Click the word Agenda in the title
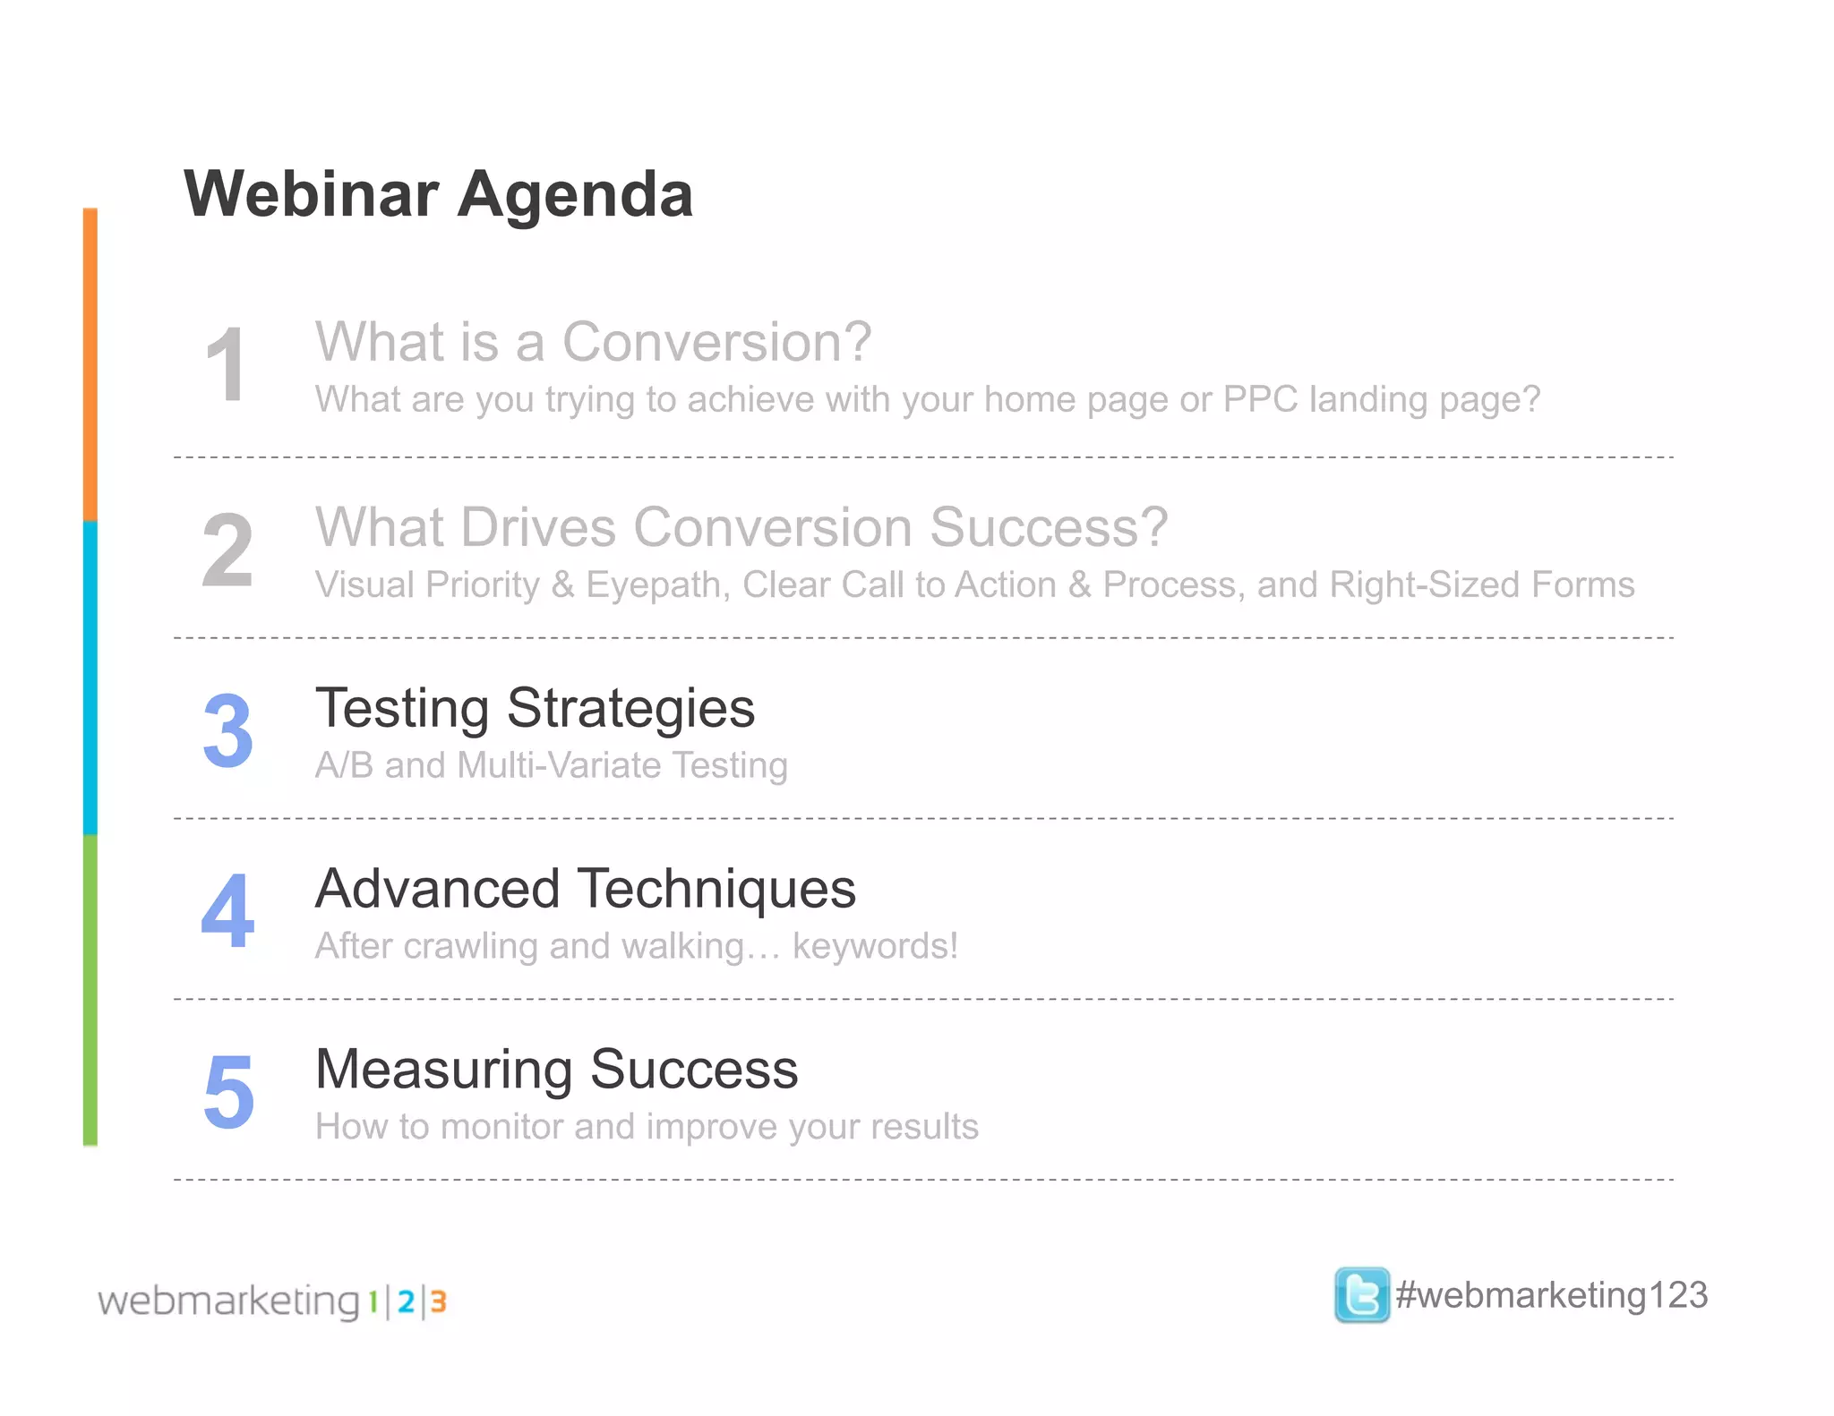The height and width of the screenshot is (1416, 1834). pos(575,194)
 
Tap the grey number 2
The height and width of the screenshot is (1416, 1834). pos(227,550)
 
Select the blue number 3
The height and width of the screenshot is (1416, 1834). pos(227,731)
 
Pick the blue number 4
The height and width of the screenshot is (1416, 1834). pos(227,912)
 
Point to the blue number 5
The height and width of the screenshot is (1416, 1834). pos(228,1092)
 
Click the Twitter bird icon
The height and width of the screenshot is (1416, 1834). pos(1361,1294)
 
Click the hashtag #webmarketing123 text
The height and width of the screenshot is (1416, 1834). pos(1551,1295)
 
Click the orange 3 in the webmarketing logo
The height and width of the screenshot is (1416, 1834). pos(438,1301)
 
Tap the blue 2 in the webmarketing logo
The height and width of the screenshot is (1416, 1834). pos(406,1301)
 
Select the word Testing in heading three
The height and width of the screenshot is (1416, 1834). pos(402,709)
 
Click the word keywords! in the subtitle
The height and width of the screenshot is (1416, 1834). pos(875,946)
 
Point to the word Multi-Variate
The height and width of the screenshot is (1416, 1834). pos(559,765)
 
